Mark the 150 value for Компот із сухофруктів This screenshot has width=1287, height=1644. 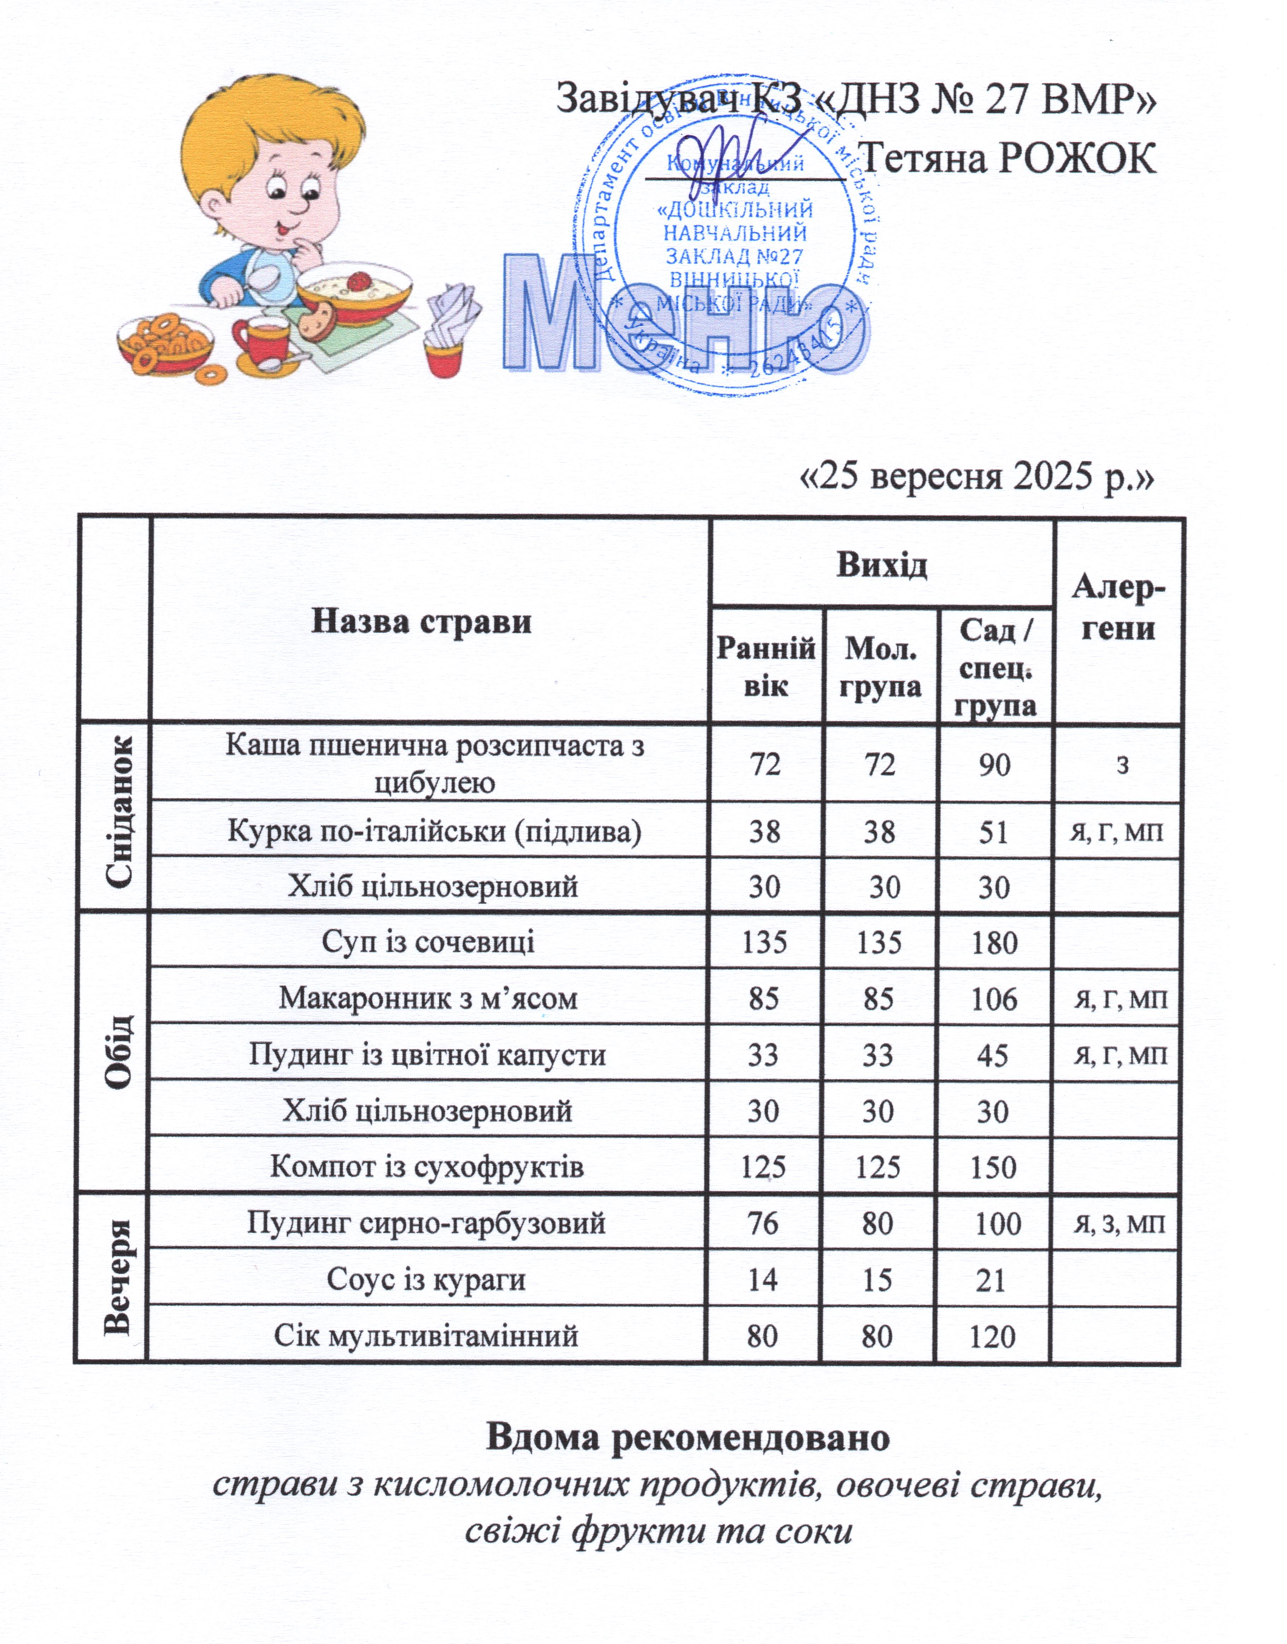click(x=993, y=1167)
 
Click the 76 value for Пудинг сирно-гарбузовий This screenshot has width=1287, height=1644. click(x=763, y=1223)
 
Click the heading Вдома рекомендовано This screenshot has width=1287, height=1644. click(x=687, y=1437)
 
